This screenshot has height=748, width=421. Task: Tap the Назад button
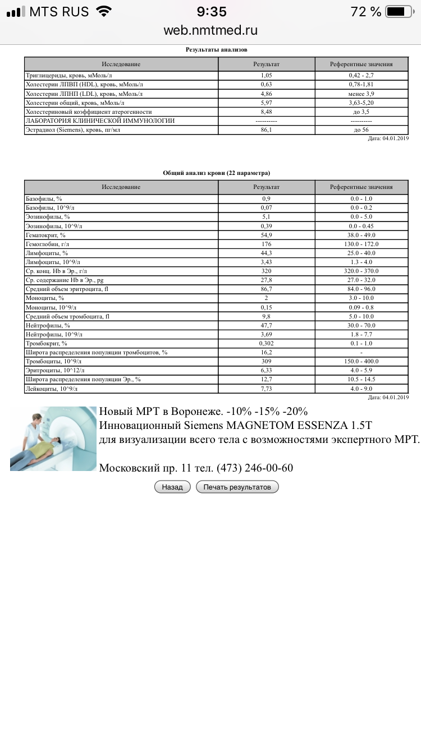coord(172,487)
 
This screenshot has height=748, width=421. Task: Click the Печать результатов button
coord(237,487)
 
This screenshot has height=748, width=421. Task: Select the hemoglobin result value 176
coord(266,244)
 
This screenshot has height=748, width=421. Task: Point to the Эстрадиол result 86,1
coord(266,130)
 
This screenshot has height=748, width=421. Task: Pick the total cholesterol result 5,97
coord(266,103)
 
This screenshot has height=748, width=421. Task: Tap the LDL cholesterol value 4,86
coord(266,94)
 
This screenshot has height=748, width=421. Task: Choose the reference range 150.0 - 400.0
coord(361,361)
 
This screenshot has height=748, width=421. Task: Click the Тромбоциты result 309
coord(266,361)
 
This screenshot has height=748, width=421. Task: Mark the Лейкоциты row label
coord(52,388)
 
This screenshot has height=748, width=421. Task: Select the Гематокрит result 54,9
coord(266,235)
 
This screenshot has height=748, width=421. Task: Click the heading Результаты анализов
coord(216,49)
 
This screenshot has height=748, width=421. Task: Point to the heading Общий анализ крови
coord(216,173)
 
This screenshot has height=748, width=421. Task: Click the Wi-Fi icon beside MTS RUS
coord(103,11)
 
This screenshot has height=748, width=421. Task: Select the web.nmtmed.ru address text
coord(210,30)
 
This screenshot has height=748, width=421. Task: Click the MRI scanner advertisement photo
coord(53,438)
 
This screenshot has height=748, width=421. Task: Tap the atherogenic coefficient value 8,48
coord(266,112)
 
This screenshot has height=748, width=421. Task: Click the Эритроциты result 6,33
coord(266,370)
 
